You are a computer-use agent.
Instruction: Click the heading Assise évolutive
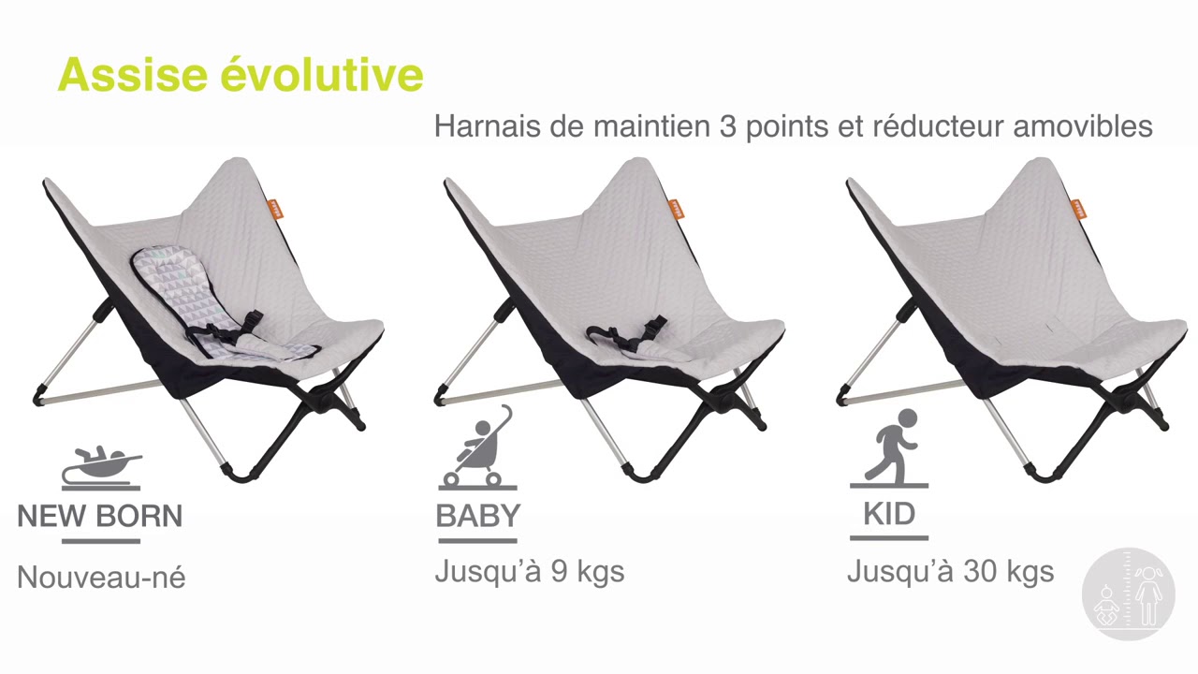tap(241, 75)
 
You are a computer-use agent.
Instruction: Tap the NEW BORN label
tap(100, 516)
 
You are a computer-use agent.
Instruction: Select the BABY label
tap(477, 516)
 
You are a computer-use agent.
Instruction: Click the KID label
tap(889, 514)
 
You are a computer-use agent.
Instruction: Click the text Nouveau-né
tap(101, 578)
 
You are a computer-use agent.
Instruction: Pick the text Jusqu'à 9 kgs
tap(529, 571)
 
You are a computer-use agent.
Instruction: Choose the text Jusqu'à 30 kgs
tap(950, 571)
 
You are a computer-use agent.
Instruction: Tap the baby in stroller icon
tap(478, 447)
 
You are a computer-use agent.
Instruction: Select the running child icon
tap(889, 447)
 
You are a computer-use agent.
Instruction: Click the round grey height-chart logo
tap(1128, 593)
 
